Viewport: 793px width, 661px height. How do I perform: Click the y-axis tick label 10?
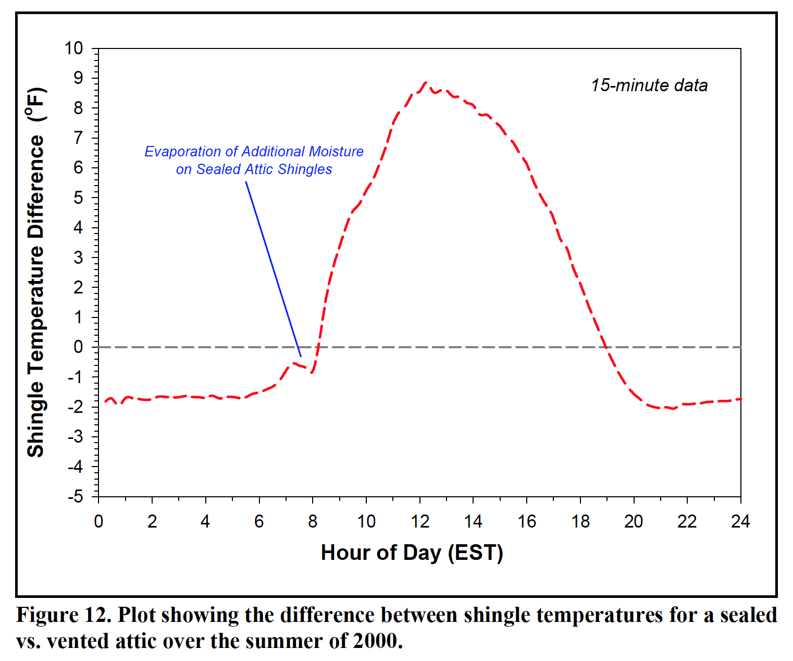(73, 48)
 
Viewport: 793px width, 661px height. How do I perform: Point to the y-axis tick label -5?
(75, 496)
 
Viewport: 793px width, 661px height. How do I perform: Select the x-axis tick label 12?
(420, 521)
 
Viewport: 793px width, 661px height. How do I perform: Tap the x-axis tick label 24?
(740, 521)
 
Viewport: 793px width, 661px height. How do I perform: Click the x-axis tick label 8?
(313, 521)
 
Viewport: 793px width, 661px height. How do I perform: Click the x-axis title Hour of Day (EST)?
(412, 553)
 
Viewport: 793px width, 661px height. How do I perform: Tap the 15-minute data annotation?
(649, 85)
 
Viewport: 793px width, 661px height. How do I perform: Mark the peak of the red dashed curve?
(426, 82)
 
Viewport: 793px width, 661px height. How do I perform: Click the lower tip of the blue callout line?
(301, 357)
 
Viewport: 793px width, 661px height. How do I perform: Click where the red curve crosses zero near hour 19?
(605, 347)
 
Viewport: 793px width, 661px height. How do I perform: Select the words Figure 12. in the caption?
(64, 616)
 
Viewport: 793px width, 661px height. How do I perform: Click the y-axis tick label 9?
(78, 78)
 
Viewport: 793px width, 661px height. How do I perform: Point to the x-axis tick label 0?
(98, 521)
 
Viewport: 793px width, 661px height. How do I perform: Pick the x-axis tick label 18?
(580, 521)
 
